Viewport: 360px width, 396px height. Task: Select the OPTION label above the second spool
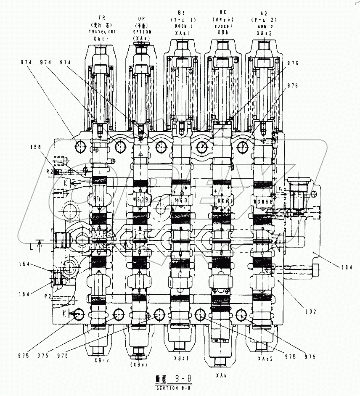[141, 32]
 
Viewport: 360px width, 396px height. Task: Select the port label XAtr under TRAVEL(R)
[101, 37]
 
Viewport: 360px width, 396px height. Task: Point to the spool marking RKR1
[223, 201]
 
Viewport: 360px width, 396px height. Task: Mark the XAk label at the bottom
[220, 375]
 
